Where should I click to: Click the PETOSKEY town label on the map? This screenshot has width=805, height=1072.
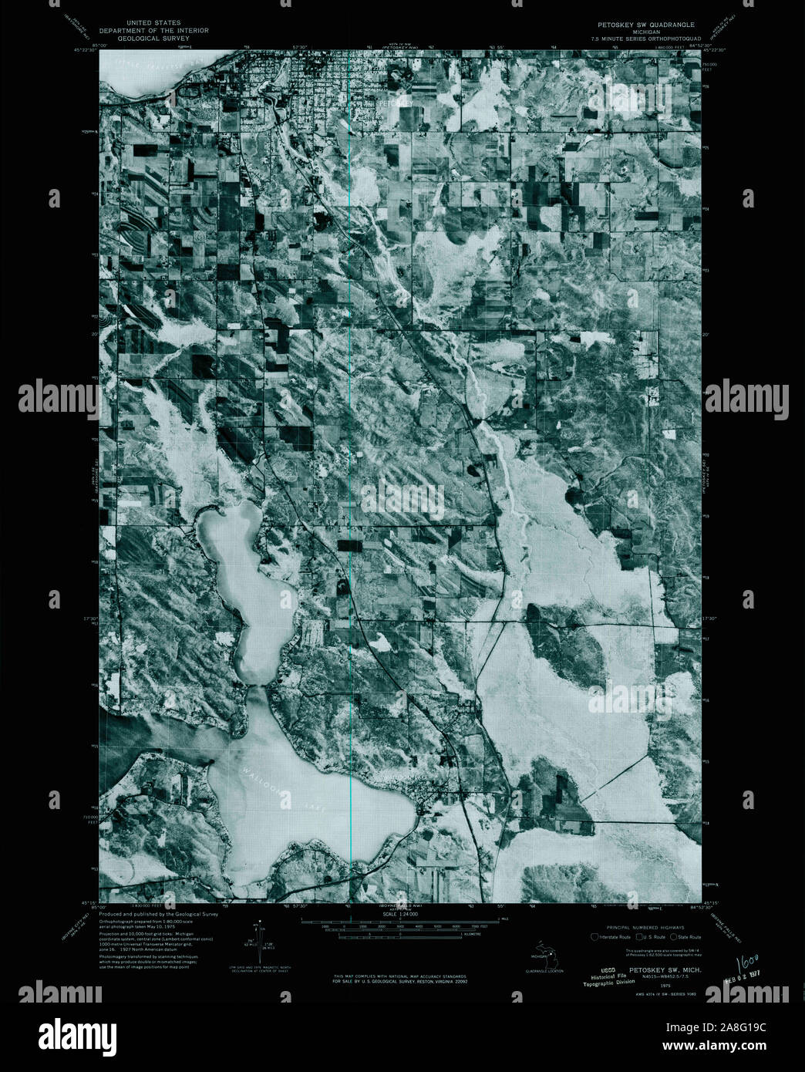pyautogui.click(x=396, y=100)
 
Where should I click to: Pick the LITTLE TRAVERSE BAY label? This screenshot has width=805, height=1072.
pyautogui.click(x=147, y=69)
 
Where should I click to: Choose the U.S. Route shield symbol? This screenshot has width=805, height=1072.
pyautogui.click(x=637, y=936)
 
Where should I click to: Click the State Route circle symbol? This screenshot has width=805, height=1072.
pyautogui.click(x=673, y=936)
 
